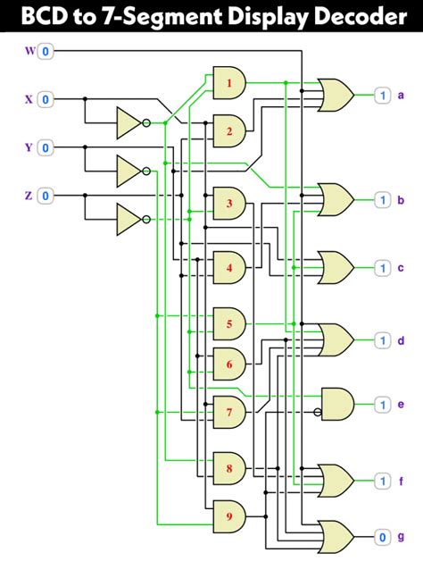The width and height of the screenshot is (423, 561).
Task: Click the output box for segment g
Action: tap(382, 537)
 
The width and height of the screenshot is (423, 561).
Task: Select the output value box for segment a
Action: tap(382, 95)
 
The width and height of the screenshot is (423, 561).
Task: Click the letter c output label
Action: tap(401, 268)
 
